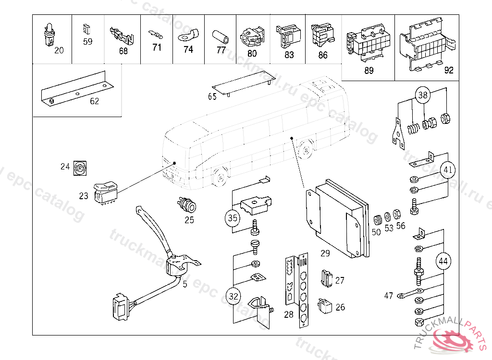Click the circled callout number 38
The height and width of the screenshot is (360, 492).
point(422,95)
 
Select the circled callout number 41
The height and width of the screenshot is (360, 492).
point(448,169)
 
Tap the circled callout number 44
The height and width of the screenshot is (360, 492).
point(443,262)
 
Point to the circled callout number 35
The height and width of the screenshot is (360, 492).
point(233,218)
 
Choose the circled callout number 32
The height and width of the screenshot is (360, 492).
point(234,296)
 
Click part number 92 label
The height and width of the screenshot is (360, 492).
point(449,71)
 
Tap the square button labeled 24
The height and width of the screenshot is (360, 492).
point(80,168)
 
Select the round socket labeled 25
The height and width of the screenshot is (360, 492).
point(186,205)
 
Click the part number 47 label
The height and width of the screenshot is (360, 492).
point(388,296)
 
